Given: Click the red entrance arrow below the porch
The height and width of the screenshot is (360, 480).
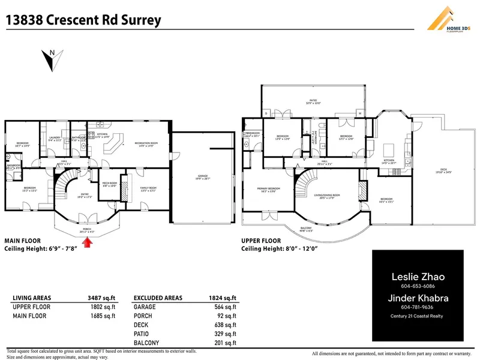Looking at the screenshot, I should tap(89, 242).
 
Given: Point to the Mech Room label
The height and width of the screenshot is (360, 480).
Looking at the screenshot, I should tap(109, 183).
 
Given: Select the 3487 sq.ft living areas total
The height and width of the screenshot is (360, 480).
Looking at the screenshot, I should tap(103, 298).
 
